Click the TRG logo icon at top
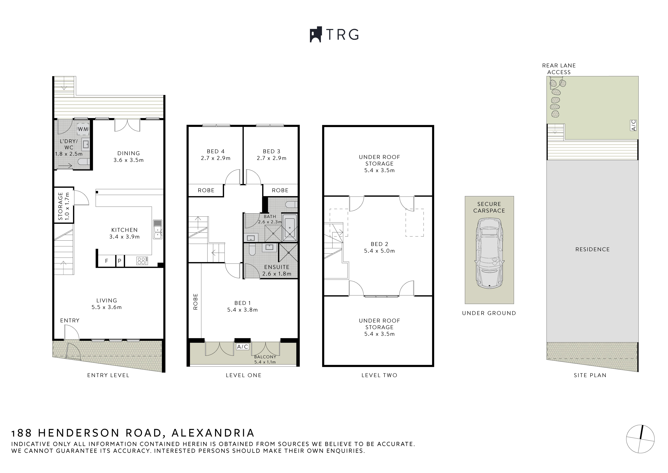pyautogui.click(x=315, y=35)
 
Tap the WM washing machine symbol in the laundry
pyautogui.click(x=83, y=129)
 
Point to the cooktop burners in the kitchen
pyautogui.click(x=142, y=261)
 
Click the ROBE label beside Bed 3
pyautogui.click(x=280, y=190)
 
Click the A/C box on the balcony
pyautogui.click(x=242, y=347)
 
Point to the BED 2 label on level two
pyautogui.click(x=379, y=244)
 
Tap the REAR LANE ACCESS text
pyautogui.click(x=559, y=69)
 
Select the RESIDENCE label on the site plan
pyautogui.click(x=592, y=249)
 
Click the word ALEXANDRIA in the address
pyautogui.click(x=213, y=433)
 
